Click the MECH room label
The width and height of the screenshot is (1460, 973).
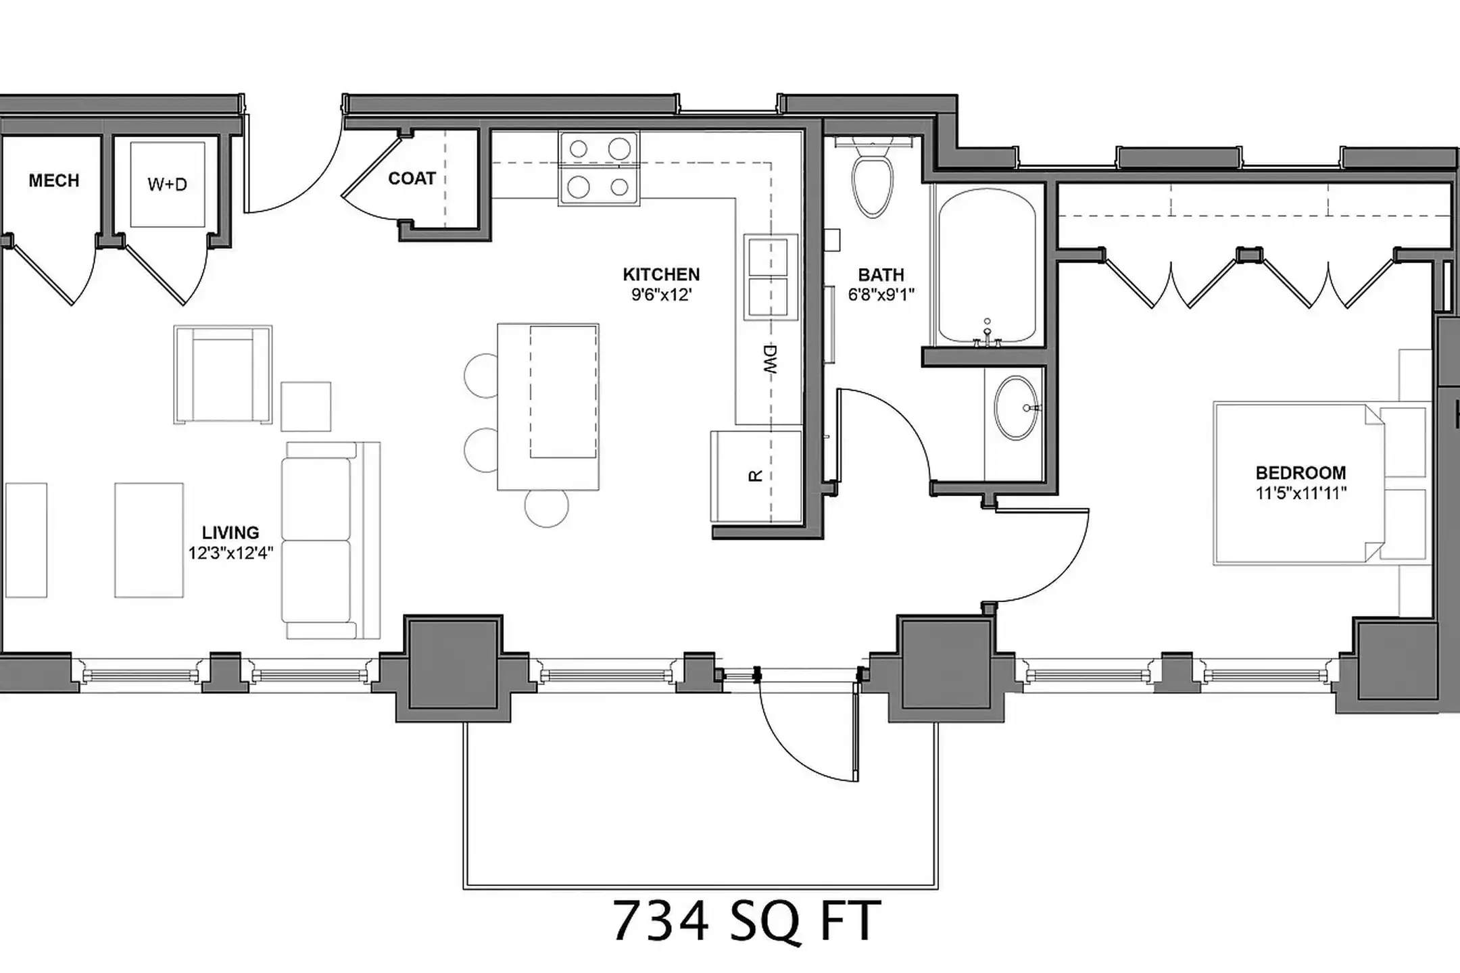[x=53, y=180]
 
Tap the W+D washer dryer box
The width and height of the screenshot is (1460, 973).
[x=167, y=184]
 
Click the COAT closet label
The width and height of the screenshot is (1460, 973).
[x=411, y=178]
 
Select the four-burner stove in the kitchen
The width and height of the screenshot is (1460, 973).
[x=599, y=168]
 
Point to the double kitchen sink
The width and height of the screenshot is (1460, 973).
[x=770, y=276]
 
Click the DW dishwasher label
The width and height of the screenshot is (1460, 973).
[x=771, y=360]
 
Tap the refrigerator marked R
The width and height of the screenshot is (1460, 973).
[x=756, y=476]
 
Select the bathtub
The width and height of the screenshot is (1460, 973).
[x=987, y=267]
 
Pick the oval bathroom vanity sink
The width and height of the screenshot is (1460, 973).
[x=1015, y=408]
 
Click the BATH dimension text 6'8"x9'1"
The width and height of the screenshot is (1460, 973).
[x=881, y=295]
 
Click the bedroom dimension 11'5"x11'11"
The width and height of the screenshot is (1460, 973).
[x=1300, y=493]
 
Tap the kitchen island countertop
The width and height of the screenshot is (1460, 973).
[x=547, y=405]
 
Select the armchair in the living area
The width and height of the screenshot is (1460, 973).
[x=223, y=375]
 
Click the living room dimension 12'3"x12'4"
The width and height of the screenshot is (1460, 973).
[x=230, y=553]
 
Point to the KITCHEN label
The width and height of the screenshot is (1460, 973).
[x=660, y=274]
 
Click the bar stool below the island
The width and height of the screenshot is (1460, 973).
[x=546, y=507]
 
